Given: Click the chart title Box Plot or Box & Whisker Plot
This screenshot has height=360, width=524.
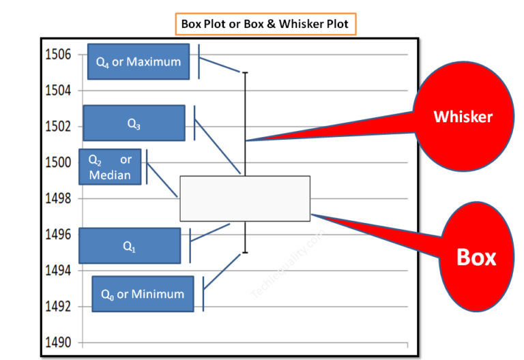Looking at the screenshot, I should click(264, 24).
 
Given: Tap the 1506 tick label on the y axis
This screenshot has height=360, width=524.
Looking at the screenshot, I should click(59, 55).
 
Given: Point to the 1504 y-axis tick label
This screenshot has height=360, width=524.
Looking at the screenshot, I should click(59, 90).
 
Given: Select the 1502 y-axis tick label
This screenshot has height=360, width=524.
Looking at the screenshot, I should click(59, 126).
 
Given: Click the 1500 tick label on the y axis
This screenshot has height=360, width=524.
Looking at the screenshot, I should click(59, 162).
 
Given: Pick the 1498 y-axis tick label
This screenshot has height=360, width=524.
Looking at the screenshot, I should click(59, 198).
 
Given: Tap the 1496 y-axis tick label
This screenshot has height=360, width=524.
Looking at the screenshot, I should click(59, 235).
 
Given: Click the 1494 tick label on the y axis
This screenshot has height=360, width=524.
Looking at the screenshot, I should click(59, 271).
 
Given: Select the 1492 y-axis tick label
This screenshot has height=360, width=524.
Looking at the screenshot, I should click(59, 306).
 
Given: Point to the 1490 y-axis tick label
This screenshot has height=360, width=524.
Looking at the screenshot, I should click(59, 342).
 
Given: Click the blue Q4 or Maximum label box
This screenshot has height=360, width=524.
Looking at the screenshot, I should click(139, 61).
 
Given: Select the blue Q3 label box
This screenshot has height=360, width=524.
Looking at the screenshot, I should click(134, 123).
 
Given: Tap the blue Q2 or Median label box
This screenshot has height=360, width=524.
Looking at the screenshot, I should click(110, 167).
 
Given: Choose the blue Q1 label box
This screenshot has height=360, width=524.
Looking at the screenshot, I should click(130, 246).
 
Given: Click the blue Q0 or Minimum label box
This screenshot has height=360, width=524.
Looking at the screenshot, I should click(143, 294).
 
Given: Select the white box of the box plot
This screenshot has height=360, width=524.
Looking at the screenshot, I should click(245, 198).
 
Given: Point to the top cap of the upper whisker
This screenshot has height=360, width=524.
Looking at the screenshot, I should click(245, 72).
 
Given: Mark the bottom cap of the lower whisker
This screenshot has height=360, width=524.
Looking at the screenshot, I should click(245, 252).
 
